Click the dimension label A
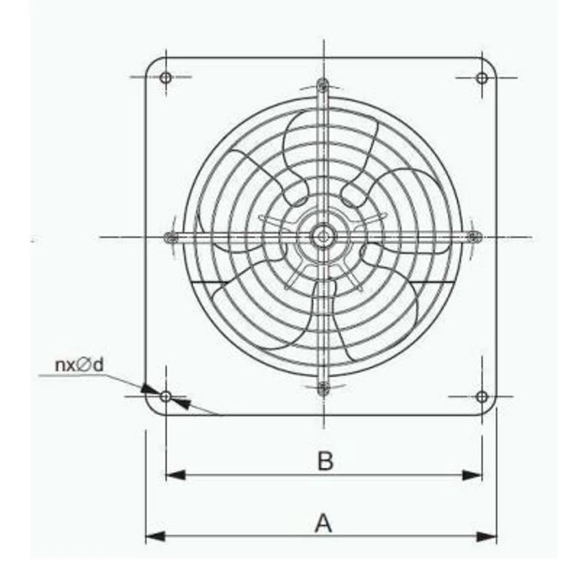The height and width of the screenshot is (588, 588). pyautogui.click(x=323, y=523)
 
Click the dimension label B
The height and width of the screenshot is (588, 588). pyautogui.click(x=325, y=460)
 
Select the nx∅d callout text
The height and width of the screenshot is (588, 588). pyautogui.click(x=79, y=365)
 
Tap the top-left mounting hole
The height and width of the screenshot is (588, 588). pyautogui.click(x=165, y=78)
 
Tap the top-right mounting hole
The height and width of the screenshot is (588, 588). pyautogui.click(x=481, y=78)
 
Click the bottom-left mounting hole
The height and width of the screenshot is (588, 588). pyautogui.click(x=166, y=396)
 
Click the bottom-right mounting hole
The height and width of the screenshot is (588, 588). pyautogui.click(x=481, y=396)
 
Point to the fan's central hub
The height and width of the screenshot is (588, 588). pyautogui.click(x=323, y=237)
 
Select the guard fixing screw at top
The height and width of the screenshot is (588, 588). pyautogui.click(x=323, y=84)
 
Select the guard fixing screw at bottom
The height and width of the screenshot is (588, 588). pyautogui.click(x=323, y=388)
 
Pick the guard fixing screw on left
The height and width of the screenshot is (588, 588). pyautogui.click(x=171, y=237)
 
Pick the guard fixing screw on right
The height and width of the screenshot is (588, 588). pyautogui.click(x=474, y=237)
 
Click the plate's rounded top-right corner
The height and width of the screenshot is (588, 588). pyautogui.click(x=491, y=64)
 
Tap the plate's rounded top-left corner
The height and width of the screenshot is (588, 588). pyautogui.click(x=151, y=64)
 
